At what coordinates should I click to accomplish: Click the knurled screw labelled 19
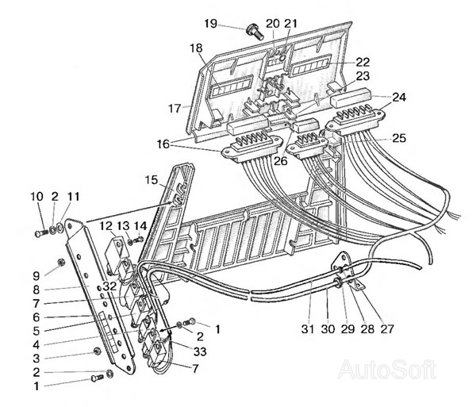tap(255, 32)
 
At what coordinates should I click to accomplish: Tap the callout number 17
tap(175, 108)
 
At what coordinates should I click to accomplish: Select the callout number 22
tap(363, 62)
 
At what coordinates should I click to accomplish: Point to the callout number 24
tap(399, 97)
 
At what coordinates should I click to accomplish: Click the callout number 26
tap(281, 161)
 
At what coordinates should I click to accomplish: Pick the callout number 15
tap(151, 180)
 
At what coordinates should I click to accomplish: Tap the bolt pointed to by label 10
tap(40, 234)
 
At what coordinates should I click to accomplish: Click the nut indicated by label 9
tap(60, 262)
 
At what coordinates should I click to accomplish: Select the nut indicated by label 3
tap(97, 351)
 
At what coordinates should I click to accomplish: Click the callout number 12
tap(106, 225)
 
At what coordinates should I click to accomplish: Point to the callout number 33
tap(200, 351)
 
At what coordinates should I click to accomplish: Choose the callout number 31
tap(308, 328)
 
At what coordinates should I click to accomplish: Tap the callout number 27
tap(387, 328)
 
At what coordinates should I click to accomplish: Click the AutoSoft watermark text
tap(387, 370)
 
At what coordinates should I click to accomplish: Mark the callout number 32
tap(109, 286)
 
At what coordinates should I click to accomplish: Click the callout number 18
tap(196, 48)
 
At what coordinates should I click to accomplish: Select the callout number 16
tap(163, 144)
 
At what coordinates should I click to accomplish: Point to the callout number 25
tap(399, 138)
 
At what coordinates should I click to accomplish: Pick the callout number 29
tap(347, 328)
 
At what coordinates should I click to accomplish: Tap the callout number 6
tap(36, 317)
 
